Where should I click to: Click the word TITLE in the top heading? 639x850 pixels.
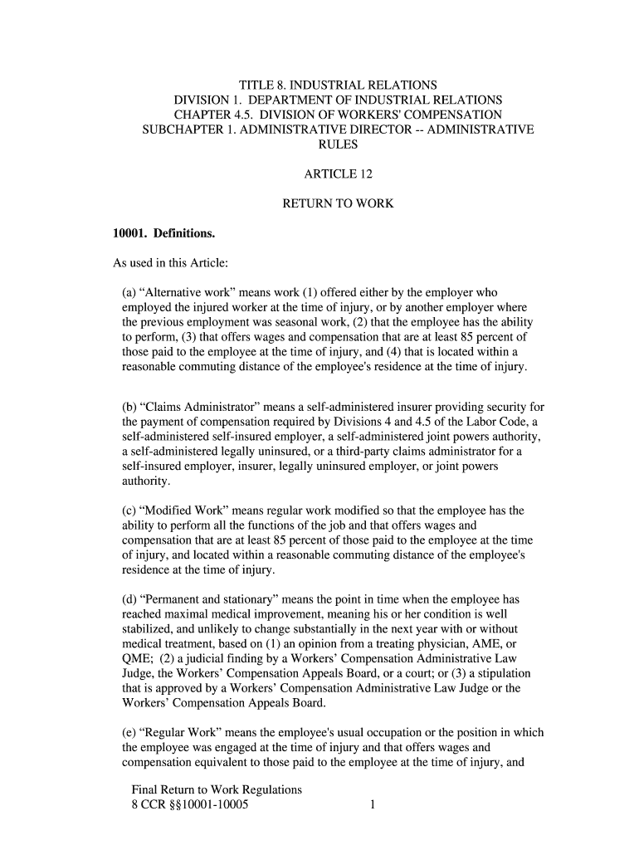(x=256, y=85)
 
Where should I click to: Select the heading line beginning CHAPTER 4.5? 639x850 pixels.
(x=338, y=115)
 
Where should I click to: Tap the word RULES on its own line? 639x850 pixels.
(x=338, y=144)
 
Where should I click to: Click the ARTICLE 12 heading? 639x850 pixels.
(x=338, y=174)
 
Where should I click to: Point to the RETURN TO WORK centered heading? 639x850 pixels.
(x=338, y=203)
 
